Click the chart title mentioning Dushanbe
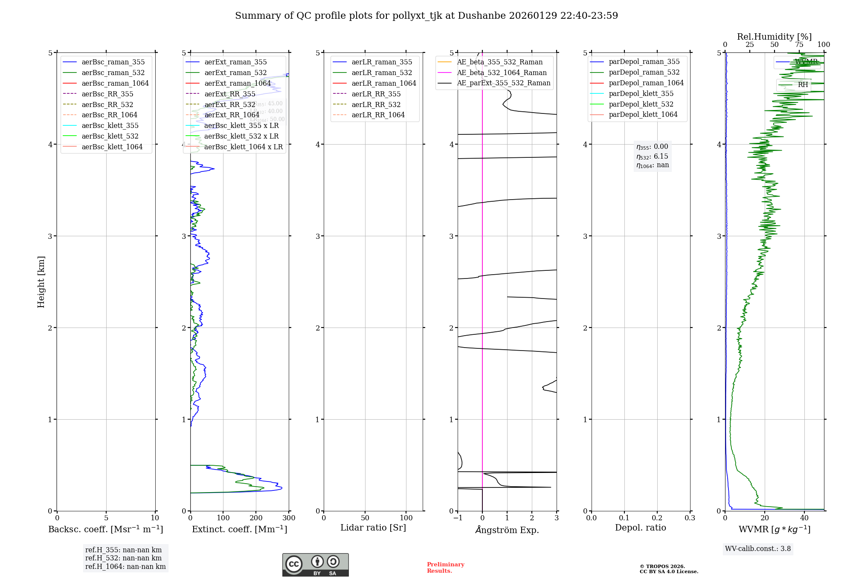(426, 16)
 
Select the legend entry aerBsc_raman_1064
(115, 83)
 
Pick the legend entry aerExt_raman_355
(235, 62)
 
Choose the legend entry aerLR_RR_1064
(378, 115)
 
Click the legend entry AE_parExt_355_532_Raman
(503, 83)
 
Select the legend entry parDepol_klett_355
(641, 93)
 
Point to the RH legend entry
(803, 84)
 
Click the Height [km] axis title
(41, 281)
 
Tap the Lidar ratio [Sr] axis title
(373, 528)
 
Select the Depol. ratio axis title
(640, 528)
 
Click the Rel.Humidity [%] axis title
(774, 37)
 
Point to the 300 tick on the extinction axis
(289, 518)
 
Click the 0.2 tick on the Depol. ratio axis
(657, 518)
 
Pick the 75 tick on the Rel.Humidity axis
(799, 45)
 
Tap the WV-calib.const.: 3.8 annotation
(758, 548)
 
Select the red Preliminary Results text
(445, 567)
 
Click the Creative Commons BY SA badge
(315, 565)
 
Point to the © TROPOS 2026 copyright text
(668, 569)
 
